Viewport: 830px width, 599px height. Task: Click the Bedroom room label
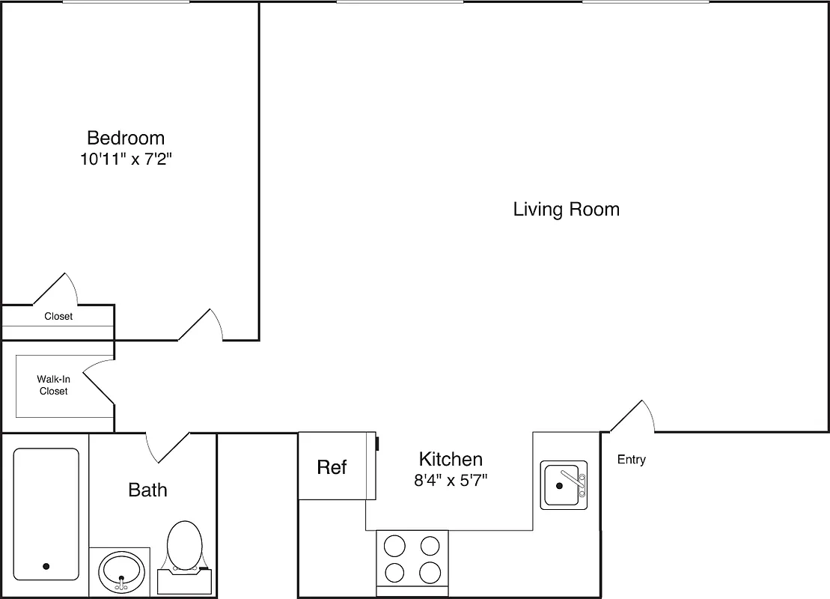pyautogui.click(x=126, y=138)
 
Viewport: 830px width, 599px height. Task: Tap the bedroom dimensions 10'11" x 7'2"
pyautogui.click(x=132, y=160)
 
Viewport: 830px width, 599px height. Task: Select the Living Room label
pyautogui.click(x=566, y=209)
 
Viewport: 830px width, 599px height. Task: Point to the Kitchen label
pyautogui.click(x=450, y=459)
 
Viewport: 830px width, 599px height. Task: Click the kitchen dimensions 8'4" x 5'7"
pyautogui.click(x=451, y=481)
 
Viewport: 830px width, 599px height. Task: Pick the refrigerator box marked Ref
pyautogui.click(x=332, y=467)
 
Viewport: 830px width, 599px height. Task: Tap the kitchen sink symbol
pyautogui.click(x=564, y=485)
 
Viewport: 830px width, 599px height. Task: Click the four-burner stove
pyautogui.click(x=412, y=559)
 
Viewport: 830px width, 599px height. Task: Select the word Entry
pyautogui.click(x=631, y=460)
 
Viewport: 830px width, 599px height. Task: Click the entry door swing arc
pyautogui.click(x=633, y=416)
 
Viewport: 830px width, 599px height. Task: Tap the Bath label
pyautogui.click(x=147, y=490)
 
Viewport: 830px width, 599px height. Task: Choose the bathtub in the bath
pyautogui.click(x=46, y=514)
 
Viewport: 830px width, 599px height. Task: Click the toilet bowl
pyautogui.click(x=184, y=544)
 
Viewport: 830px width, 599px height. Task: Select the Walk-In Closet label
pyautogui.click(x=53, y=386)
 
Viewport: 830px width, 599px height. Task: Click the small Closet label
pyautogui.click(x=58, y=317)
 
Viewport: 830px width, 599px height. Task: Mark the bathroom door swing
pyautogui.click(x=166, y=447)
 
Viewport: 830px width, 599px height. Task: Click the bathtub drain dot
pyautogui.click(x=46, y=567)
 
